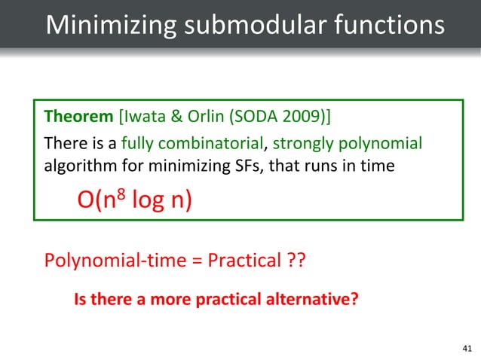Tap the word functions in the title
[381, 25]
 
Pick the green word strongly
[305, 143]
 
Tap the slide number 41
[464, 347]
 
